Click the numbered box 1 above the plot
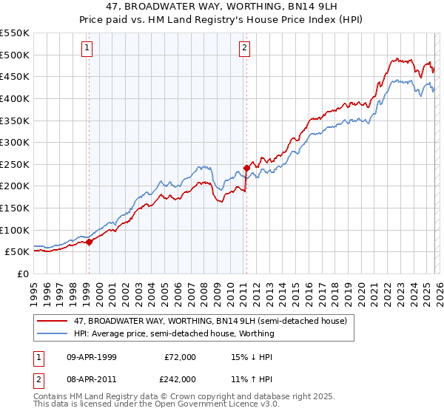pyautogui.click(x=87, y=49)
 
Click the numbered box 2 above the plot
pyautogui.click(x=244, y=49)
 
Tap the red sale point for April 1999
pyautogui.click(x=89, y=241)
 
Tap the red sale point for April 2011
pyautogui.click(x=246, y=168)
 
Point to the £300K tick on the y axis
pyautogui.click(x=15, y=142)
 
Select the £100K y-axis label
pyautogui.click(x=15, y=230)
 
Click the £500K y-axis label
pyautogui.click(x=15, y=55)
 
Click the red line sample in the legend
pyautogui.click(x=53, y=321)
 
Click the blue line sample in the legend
pyautogui.click(x=53, y=333)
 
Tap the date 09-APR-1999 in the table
pyautogui.click(x=90, y=357)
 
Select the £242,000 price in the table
pyautogui.click(x=181, y=379)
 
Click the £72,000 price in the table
pyautogui.click(x=181, y=357)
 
